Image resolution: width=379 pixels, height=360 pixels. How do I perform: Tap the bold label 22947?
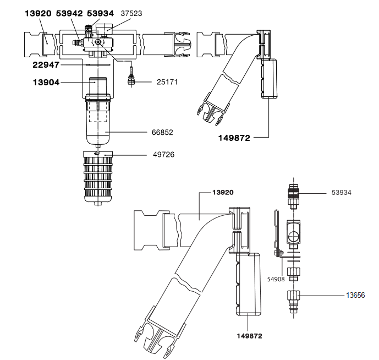pyautogui.click(x=46, y=65)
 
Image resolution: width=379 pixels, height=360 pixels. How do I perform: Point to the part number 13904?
pyautogui.click(x=46, y=83)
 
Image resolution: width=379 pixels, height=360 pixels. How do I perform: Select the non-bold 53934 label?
pyautogui.click(x=341, y=193)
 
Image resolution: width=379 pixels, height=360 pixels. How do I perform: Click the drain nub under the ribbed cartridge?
pyautogui.click(x=98, y=204)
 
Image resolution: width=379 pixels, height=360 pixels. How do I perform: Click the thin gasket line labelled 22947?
pyautogui.click(x=98, y=65)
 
